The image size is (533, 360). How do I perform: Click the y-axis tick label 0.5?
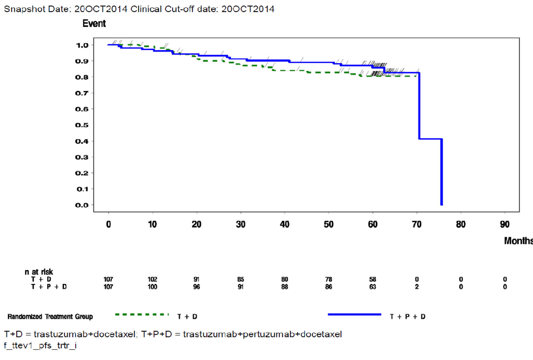click(x=82, y=125)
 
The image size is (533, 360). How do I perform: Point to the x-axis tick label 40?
click(x=285, y=224)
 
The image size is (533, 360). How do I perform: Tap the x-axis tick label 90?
click(x=505, y=224)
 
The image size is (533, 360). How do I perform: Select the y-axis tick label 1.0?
click(x=82, y=45)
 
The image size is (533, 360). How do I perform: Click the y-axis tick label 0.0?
click(x=82, y=205)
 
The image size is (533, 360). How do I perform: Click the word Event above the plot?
click(x=94, y=24)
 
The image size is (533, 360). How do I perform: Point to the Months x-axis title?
click(x=518, y=241)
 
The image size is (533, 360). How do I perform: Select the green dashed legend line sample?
click(x=142, y=315)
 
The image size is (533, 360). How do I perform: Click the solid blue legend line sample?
click(x=354, y=315)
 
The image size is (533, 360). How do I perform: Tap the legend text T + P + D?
click(x=408, y=317)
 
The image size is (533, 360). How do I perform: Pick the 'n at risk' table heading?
click(x=39, y=272)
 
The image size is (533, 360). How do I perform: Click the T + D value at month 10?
click(x=152, y=279)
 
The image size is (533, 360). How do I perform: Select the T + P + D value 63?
click(x=373, y=287)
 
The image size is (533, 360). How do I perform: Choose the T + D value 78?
click(x=329, y=279)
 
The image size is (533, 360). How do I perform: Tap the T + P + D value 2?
click(x=417, y=287)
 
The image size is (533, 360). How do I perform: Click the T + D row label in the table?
click(x=41, y=279)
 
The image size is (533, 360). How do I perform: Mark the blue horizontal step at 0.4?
click(x=430, y=139)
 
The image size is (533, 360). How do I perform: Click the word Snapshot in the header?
click(x=20, y=9)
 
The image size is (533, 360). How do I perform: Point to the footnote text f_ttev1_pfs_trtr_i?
click(x=40, y=346)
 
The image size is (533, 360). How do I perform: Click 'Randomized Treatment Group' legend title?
click(x=50, y=317)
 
